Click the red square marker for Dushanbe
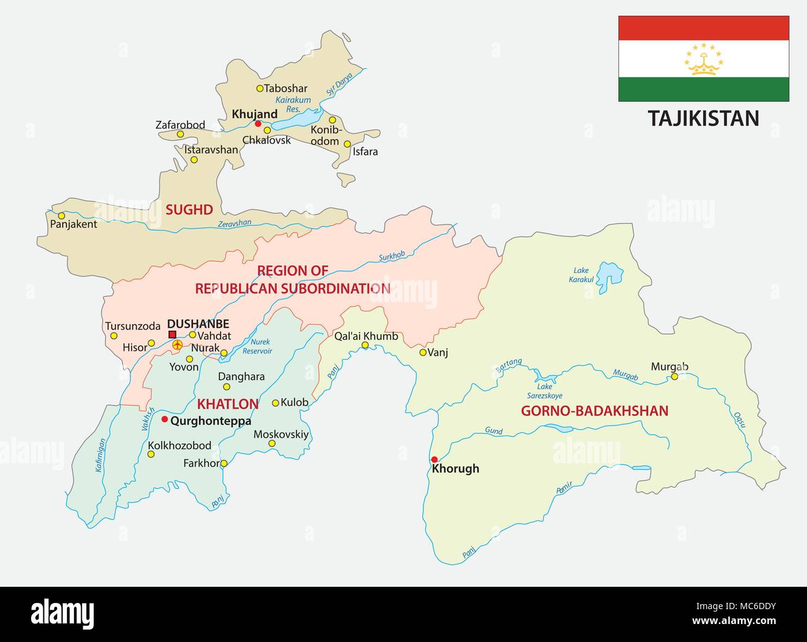click(173, 334)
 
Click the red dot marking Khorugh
click(434, 459)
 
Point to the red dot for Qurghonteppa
click(164, 419)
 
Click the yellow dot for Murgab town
click(674, 377)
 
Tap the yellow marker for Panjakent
click(61, 216)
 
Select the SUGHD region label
click(189, 210)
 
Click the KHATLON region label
click(227, 404)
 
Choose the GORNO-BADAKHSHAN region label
click(594, 411)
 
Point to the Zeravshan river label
click(235, 224)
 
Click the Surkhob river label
click(392, 255)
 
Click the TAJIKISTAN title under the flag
click(703, 118)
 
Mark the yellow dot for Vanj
click(423, 352)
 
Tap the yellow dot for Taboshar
click(260, 88)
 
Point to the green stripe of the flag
click(703, 89)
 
